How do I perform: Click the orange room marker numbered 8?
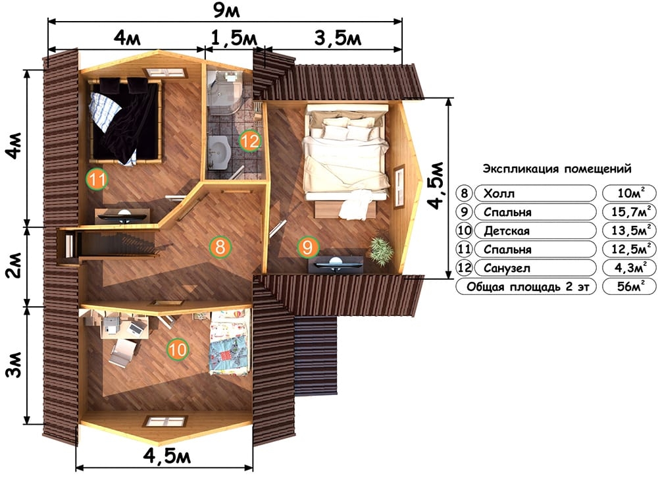click(220, 246)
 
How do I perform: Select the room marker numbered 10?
click(178, 350)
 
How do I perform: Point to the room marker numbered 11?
click(97, 179)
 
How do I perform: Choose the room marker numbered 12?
click(250, 141)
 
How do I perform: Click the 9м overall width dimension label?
click(226, 11)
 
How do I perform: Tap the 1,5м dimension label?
click(234, 39)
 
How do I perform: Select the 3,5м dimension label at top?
click(338, 39)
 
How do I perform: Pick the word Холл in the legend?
click(499, 193)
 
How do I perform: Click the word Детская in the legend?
click(507, 230)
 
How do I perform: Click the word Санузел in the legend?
click(507, 268)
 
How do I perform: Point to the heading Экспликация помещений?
click(557, 169)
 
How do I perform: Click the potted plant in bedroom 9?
click(381, 250)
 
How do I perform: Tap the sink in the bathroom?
click(219, 151)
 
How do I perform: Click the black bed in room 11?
click(124, 121)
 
